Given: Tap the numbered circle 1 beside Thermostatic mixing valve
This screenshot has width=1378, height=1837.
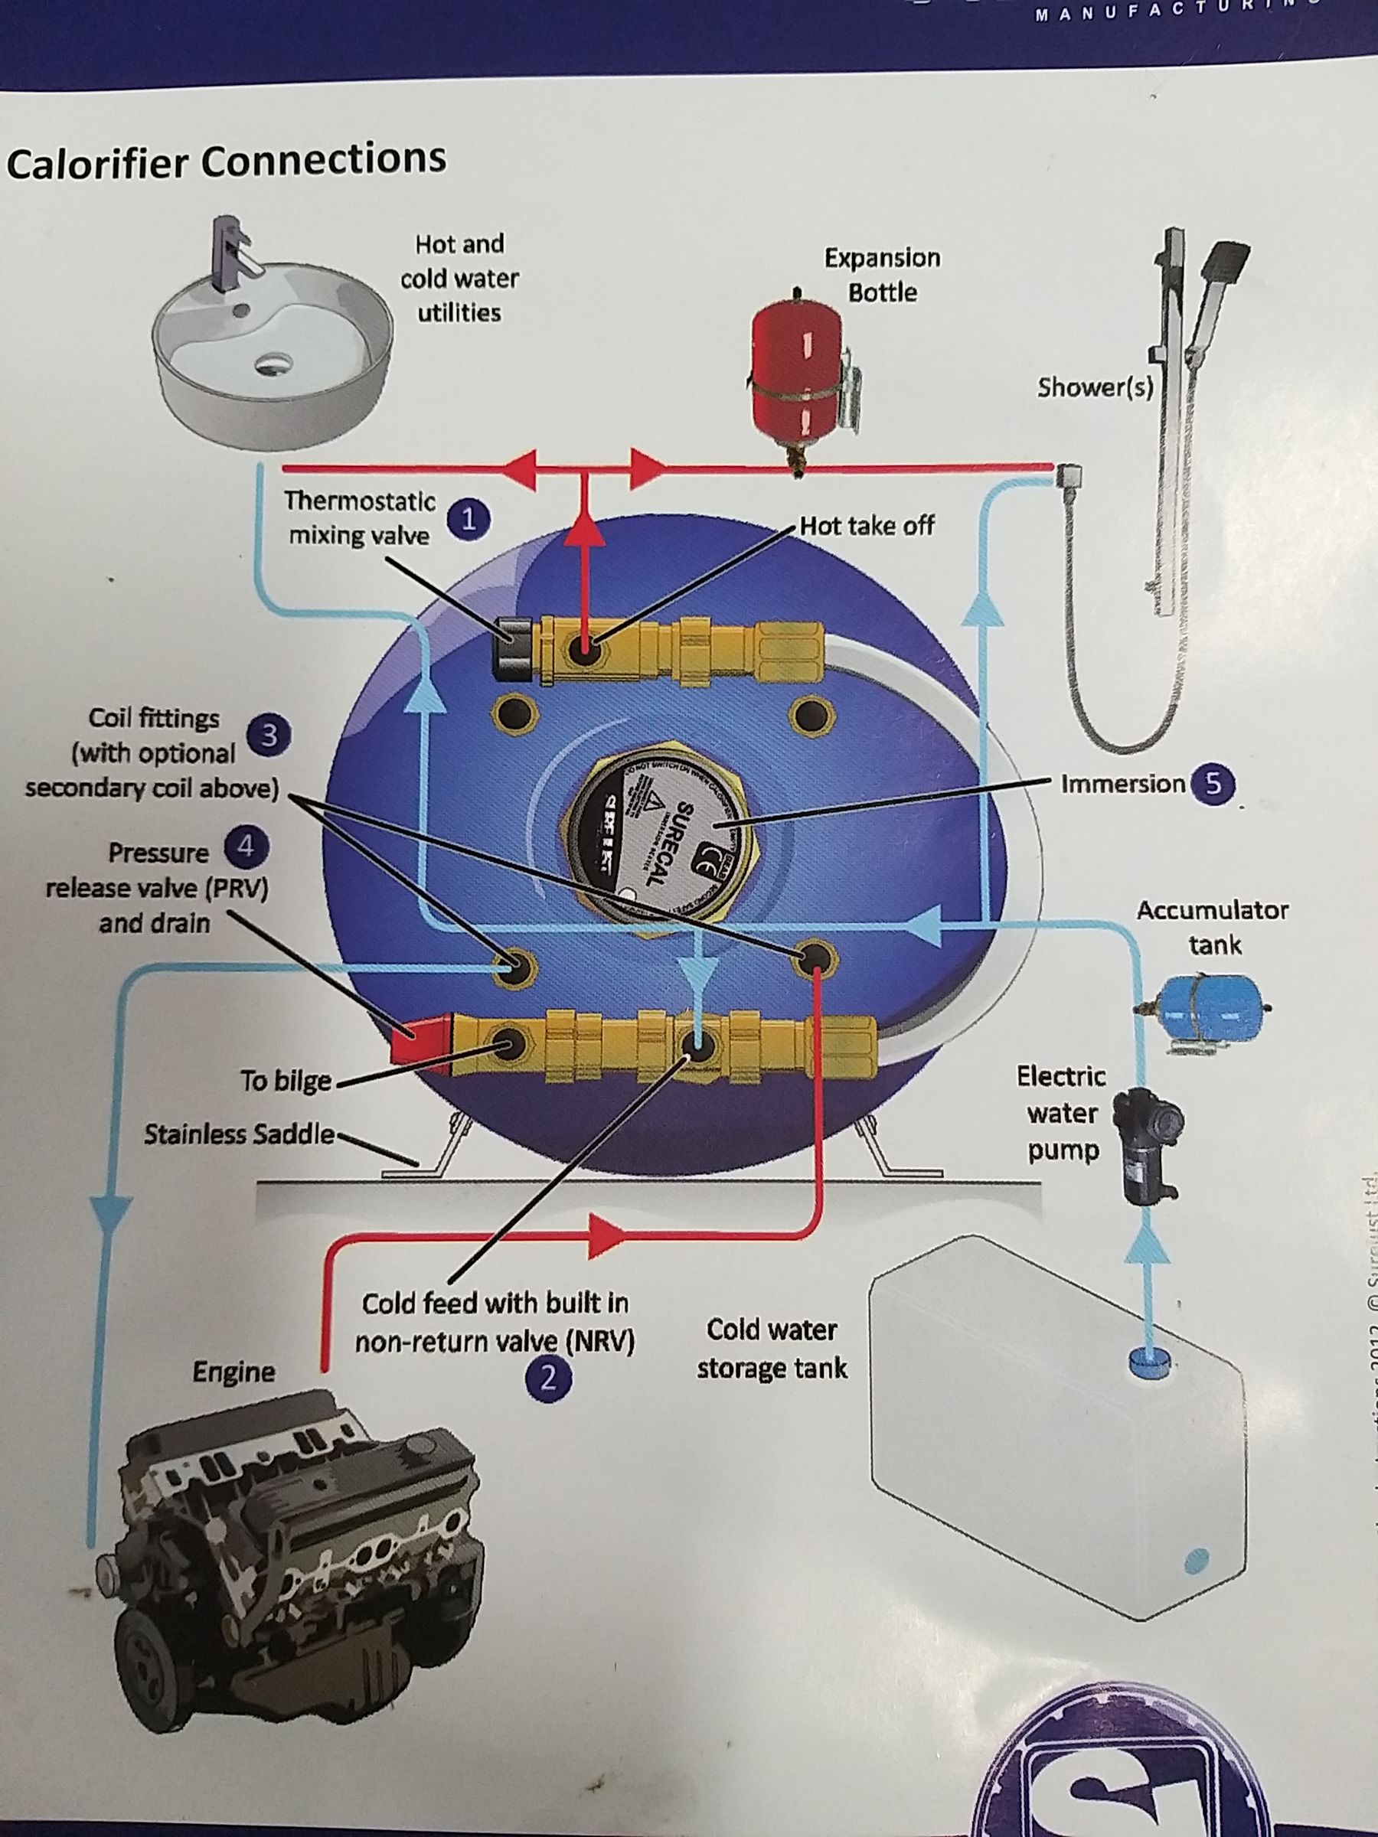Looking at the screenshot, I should point(468,520).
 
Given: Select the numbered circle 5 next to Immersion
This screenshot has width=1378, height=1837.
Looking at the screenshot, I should point(1213,784).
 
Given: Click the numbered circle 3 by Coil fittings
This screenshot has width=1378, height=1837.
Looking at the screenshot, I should point(267,735).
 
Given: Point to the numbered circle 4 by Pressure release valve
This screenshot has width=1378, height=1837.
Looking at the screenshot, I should point(245,848).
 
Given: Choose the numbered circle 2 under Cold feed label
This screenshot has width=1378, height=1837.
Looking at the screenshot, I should point(547,1379).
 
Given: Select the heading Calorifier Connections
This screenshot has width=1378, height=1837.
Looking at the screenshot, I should point(226,160).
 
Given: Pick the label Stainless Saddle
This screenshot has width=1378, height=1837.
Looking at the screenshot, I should point(239,1134).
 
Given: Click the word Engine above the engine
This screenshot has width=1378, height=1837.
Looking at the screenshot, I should point(233,1371).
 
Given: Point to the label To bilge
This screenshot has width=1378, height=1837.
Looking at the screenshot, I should point(286,1081).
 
